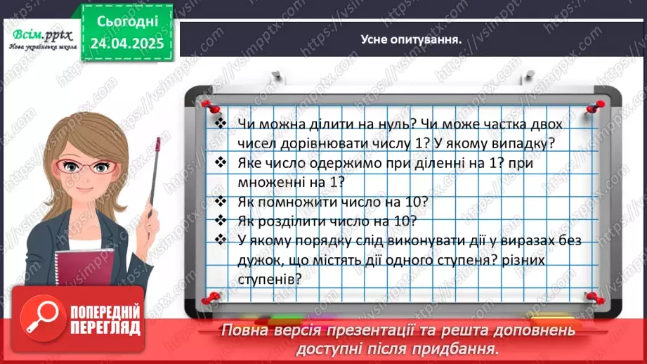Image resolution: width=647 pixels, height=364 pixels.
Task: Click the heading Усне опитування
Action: (x=410, y=39)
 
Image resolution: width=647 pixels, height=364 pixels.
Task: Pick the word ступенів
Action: (x=270, y=278)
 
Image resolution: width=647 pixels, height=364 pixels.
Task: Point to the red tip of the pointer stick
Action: (x=159, y=144)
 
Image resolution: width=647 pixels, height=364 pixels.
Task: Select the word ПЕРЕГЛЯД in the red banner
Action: (x=105, y=327)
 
